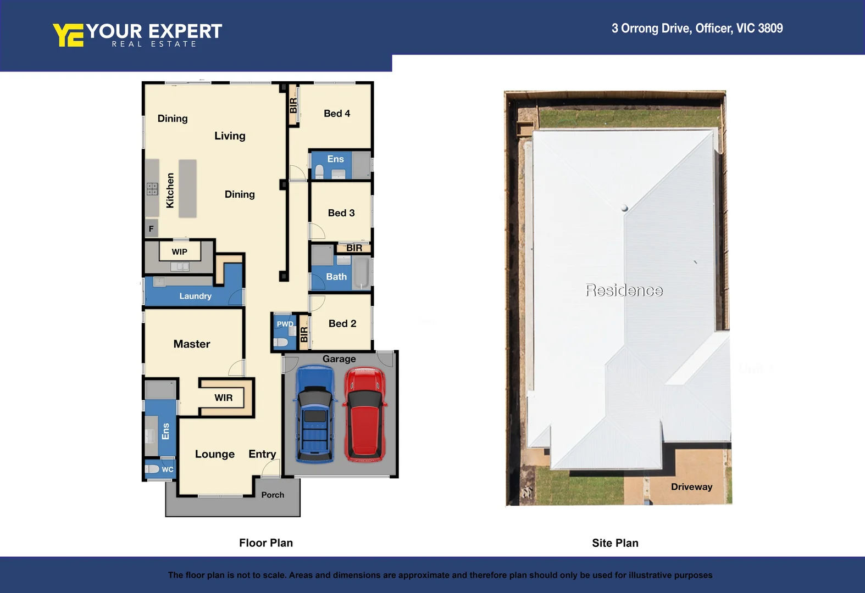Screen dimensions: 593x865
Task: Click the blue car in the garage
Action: click(315, 415)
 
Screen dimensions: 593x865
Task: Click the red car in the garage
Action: click(364, 415)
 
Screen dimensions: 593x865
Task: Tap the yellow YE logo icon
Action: click(68, 35)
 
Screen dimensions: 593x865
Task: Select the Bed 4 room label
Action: click(336, 114)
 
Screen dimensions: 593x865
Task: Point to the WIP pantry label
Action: click(179, 252)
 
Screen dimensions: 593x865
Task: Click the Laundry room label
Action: click(195, 296)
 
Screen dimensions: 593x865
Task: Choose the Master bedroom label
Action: click(192, 344)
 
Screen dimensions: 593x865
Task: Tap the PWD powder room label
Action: click(285, 324)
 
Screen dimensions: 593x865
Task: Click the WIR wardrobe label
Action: click(223, 398)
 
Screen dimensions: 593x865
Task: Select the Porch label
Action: click(273, 495)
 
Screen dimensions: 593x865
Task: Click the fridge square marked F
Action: click(151, 229)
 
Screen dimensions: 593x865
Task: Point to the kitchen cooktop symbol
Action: click(152, 189)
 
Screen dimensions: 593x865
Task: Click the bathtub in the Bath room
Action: click(362, 273)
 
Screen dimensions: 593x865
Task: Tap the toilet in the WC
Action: click(152, 469)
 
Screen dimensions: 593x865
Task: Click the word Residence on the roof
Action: click(624, 290)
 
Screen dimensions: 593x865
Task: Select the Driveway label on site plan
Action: click(691, 487)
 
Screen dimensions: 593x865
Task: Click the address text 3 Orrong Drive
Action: click(697, 29)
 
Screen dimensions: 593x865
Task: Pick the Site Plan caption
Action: click(615, 543)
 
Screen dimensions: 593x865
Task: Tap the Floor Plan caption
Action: click(266, 543)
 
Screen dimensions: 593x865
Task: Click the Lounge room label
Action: click(214, 455)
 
